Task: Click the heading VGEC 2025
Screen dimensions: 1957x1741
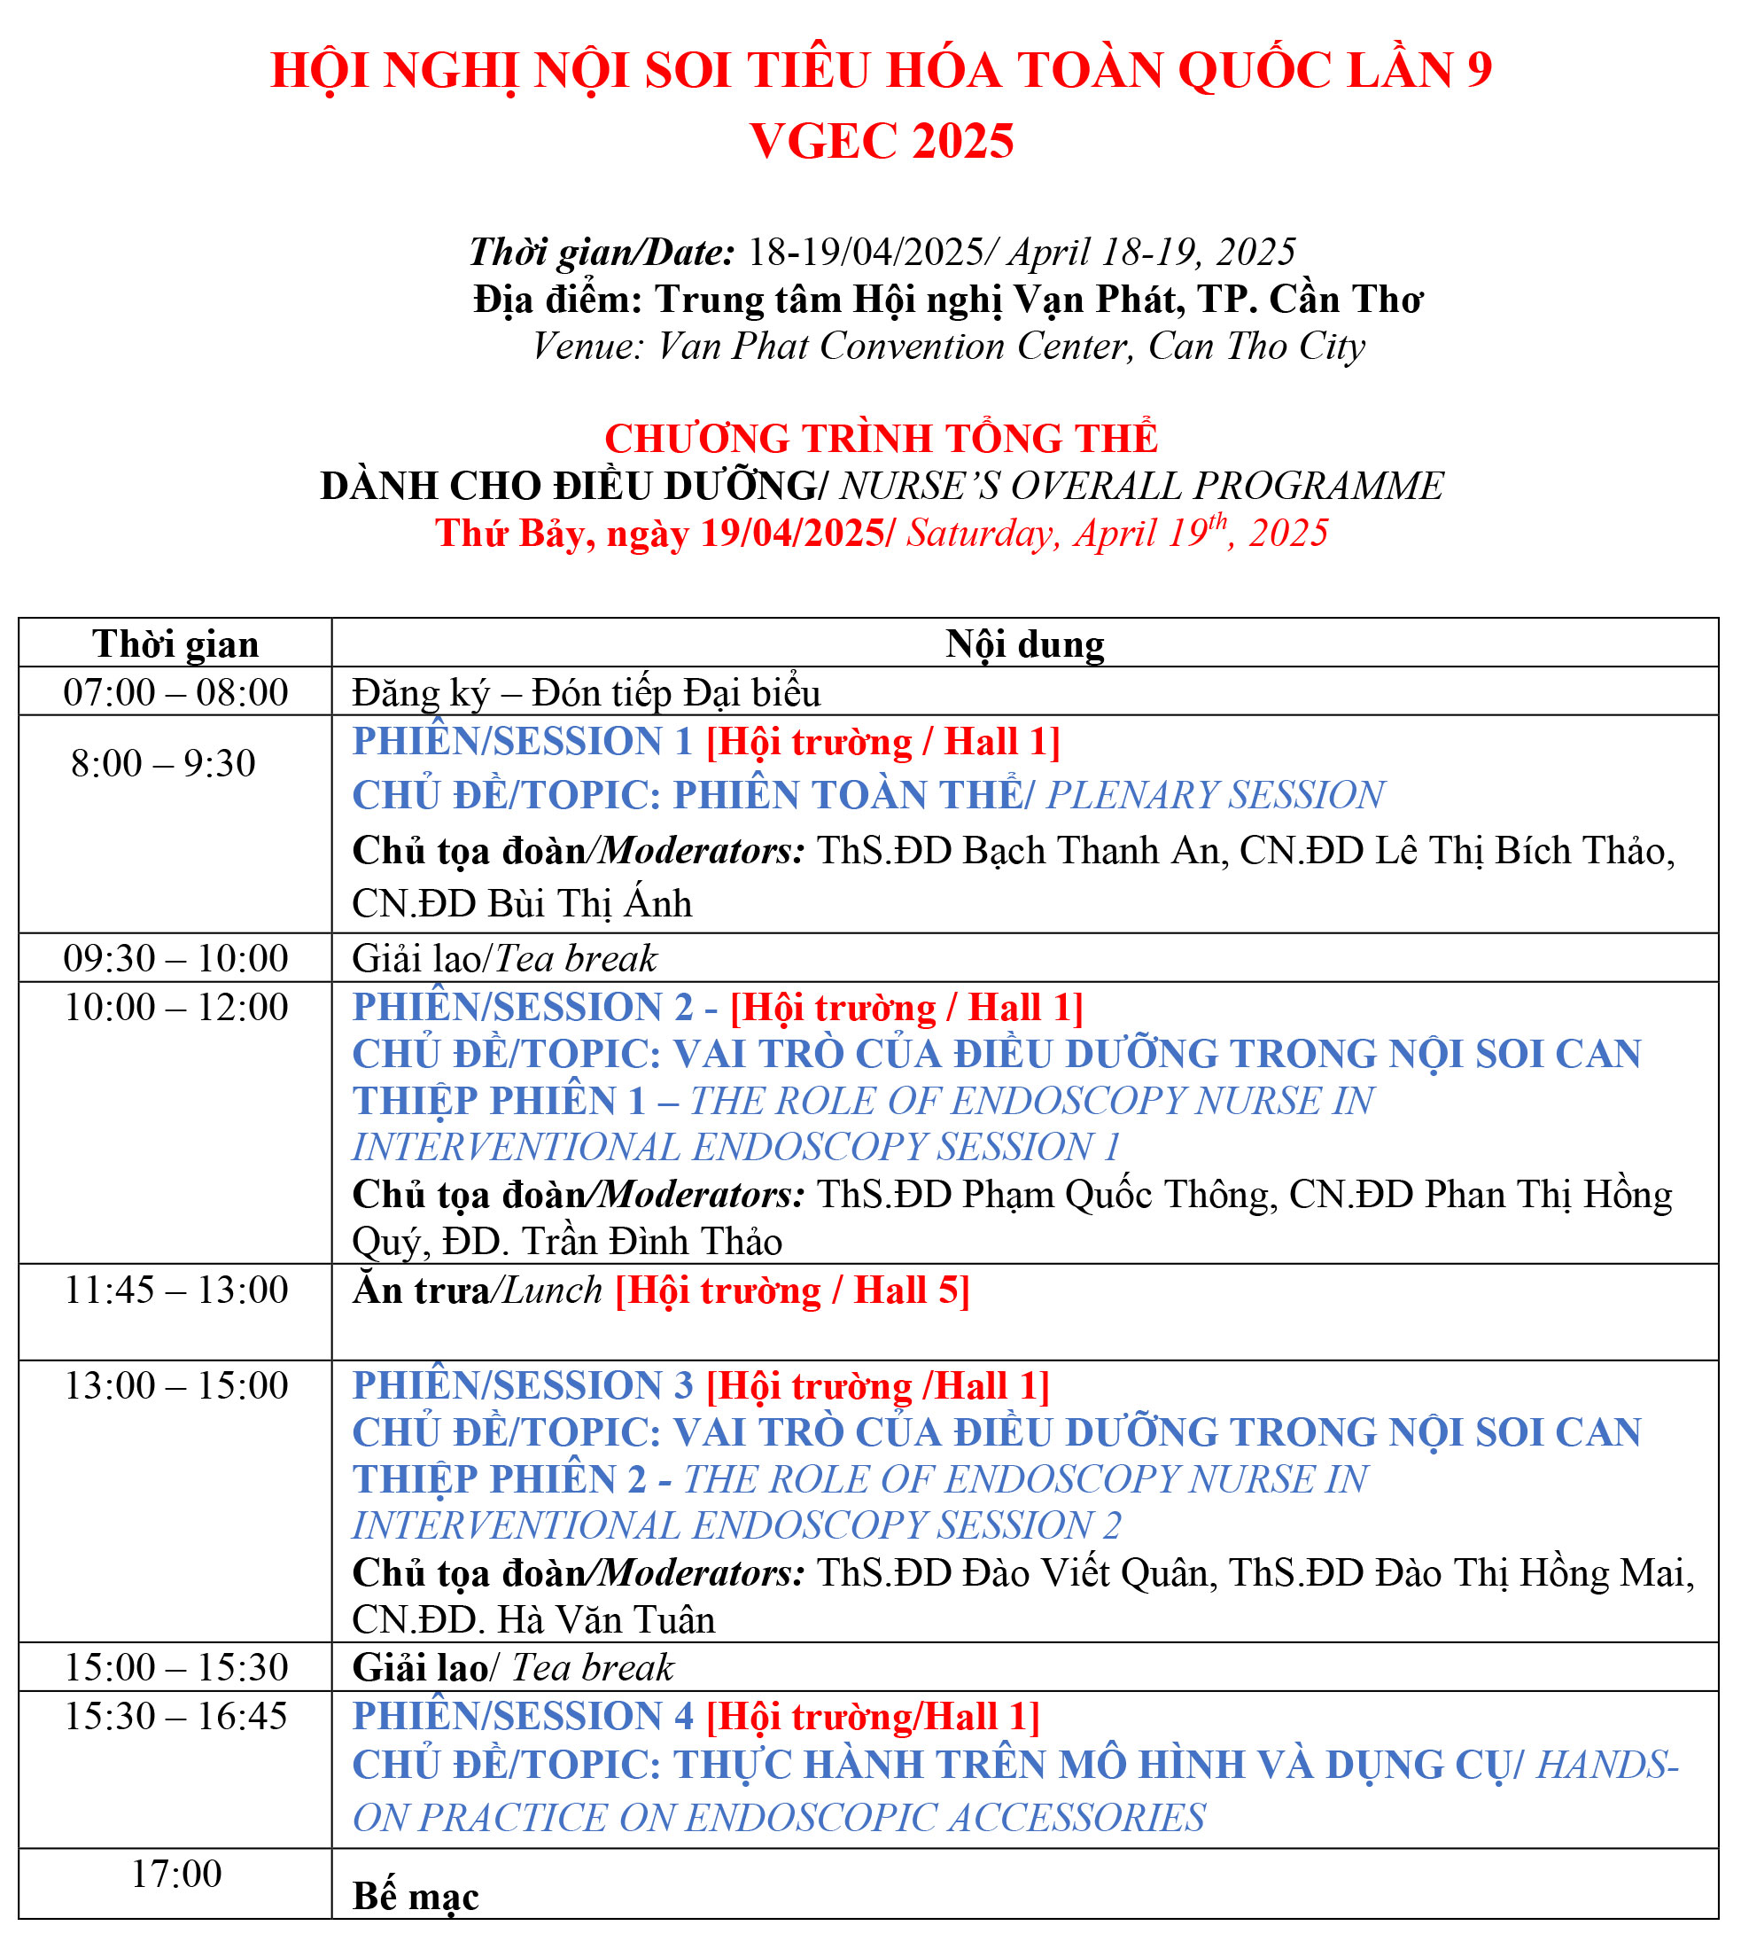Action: click(x=881, y=142)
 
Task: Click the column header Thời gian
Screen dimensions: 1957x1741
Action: click(x=175, y=644)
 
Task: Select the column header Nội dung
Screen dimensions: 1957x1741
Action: click(x=1024, y=644)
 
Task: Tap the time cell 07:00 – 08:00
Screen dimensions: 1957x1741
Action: click(x=175, y=692)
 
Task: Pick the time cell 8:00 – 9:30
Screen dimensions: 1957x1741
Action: click(x=164, y=763)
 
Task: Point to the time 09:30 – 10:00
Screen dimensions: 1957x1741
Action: click(x=175, y=957)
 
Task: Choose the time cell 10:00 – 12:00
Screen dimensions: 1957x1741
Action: click(x=175, y=1007)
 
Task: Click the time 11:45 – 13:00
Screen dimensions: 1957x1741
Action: click(x=175, y=1290)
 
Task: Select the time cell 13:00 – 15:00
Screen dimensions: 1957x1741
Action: click(x=175, y=1385)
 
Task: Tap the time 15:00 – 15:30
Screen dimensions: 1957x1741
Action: click(x=175, y=1667)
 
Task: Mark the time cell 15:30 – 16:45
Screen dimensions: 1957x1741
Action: click(x=175, y=1716)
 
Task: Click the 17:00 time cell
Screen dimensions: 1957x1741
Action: click(x=176, y=1874)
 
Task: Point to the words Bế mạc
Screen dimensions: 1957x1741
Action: click(x=416, y=1897)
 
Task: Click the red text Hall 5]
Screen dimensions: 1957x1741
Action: click(x=911, y=1290)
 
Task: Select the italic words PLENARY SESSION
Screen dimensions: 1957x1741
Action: click(x=1216, y=796)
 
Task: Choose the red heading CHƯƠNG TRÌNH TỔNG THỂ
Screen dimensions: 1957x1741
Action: click(x=881, y=439)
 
